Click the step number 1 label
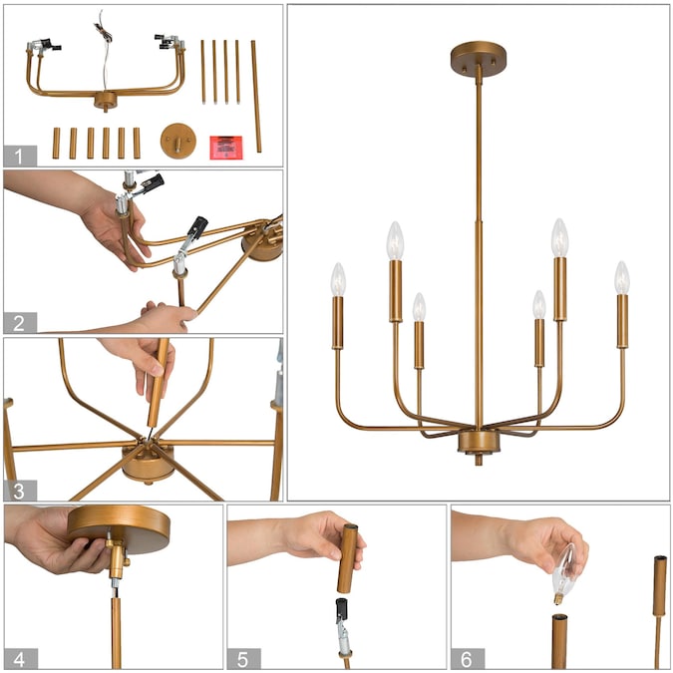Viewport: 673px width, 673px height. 20,156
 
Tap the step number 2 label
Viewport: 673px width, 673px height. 20,323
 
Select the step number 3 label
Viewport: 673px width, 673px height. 20,491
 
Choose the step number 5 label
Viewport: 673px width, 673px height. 244,658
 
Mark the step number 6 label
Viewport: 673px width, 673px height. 468,658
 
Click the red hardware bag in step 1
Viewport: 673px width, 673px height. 225,148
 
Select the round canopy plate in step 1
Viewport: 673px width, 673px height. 178,141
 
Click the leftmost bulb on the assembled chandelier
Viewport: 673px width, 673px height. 338,279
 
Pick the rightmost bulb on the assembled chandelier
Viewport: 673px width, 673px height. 621,278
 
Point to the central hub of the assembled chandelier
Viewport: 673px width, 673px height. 479,442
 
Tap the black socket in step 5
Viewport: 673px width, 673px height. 342,609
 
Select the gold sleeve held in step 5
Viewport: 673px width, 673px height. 348,558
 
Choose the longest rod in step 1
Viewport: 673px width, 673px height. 256,96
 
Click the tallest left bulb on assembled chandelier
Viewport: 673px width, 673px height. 395,240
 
